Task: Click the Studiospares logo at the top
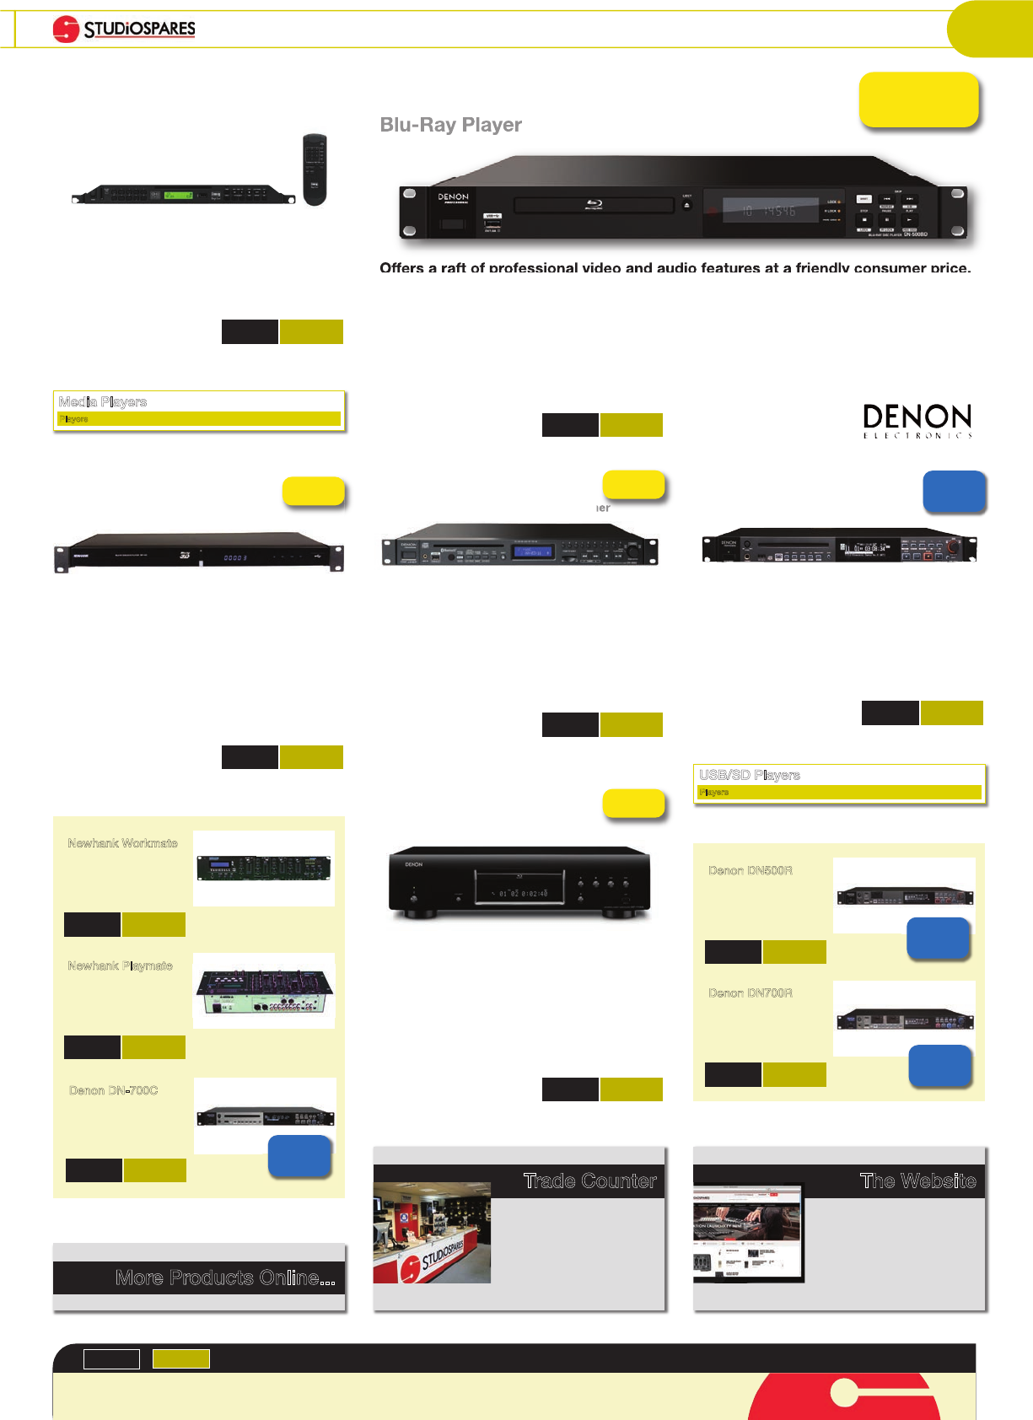tap(124, 30)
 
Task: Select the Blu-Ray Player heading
tap(450, 125)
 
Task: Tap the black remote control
tap(315, 169)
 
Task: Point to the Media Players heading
tap(103, 402)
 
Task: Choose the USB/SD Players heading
tap(749, 775)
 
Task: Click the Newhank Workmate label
tap(122, 843)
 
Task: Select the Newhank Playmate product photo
tap(264, 991)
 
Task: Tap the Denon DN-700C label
tap(113, 1090)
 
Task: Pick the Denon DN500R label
tap(750, 870)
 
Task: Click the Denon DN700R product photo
tap(904, 1019)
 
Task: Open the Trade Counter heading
tap(589, 1181)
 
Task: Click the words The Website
tap(917, 1181)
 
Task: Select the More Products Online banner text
tap(224, 1278)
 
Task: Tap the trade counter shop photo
tap(432, 1233)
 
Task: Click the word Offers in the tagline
tap(401, 268)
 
